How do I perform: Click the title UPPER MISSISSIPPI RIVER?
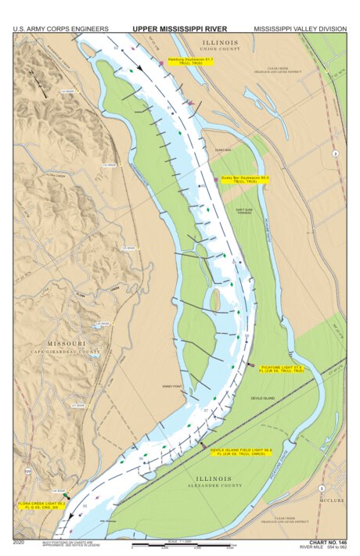[179, 28]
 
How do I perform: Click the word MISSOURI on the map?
[67, 344]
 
